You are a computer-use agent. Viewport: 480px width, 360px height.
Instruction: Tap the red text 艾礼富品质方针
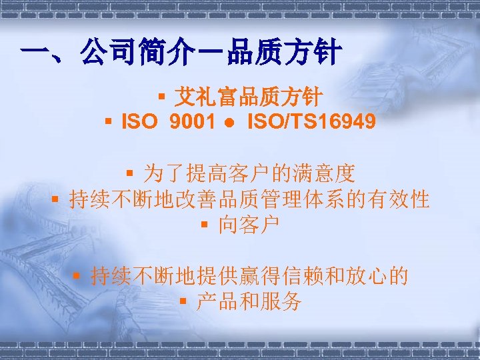(248, 99)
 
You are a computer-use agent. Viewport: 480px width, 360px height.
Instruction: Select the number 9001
(193, 122)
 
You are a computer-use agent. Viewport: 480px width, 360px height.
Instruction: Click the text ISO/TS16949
(311, 122)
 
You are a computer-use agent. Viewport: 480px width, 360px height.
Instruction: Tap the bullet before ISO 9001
(108, 122)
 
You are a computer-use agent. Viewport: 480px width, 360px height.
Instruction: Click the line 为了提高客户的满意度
(249, 175)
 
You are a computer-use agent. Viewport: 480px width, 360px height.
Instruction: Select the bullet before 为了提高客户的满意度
(131, 175)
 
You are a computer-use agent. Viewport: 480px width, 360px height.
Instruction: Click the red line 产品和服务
(249, 302)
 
